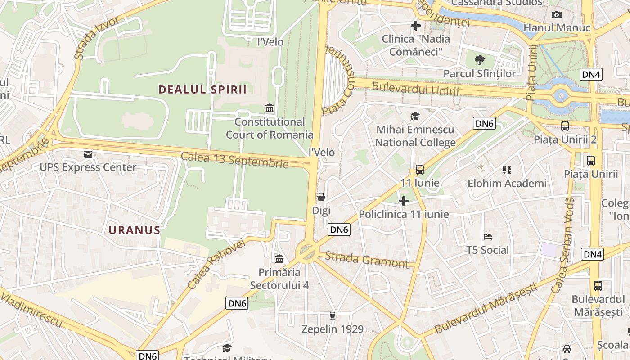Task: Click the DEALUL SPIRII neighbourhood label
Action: pos(202,90)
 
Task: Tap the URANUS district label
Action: pos(134,230)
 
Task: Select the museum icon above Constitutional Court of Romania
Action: pos(270,108)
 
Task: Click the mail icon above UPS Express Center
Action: pos(88,154)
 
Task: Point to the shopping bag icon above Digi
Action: pos(321,197)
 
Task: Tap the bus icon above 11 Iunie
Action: pos(419,170)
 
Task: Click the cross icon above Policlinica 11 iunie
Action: pos(404,201)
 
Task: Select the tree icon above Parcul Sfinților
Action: pos(480,60)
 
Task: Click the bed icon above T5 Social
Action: pos(488,237)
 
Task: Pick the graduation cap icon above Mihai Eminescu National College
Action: pos(415,117)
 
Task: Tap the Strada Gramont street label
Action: pos(366,260)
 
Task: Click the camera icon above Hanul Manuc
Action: pos(557,14)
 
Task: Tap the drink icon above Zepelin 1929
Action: pos(333,315)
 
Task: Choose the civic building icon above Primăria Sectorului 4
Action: pos(279,259)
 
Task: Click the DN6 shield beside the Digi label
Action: pos(339,229)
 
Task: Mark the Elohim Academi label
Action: pos(507,183)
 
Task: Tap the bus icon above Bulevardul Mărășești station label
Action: pos(598,285)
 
